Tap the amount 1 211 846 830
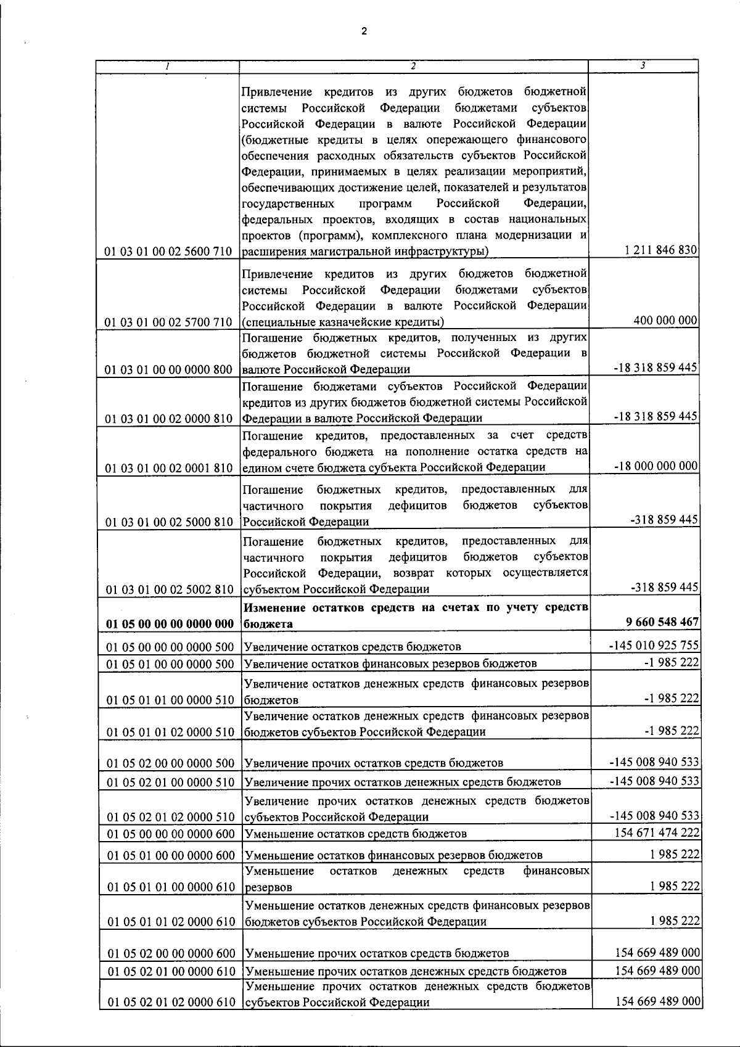[660, 250]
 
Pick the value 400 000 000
[665, 320]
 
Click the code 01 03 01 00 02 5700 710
[169, 322]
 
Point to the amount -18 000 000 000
[656, 466]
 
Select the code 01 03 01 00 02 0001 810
[169, 468]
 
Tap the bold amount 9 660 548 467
[662, 622]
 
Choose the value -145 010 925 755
[654, 645]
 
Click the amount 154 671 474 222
[657, 832]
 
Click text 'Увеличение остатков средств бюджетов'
[353, 647]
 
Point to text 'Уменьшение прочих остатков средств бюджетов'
[377, 953]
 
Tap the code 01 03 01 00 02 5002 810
[169, 589]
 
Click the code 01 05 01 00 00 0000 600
[171, 855]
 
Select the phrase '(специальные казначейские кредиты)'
[342, 322]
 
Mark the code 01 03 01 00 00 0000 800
[169, 369]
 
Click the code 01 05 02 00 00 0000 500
[171, 763]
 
